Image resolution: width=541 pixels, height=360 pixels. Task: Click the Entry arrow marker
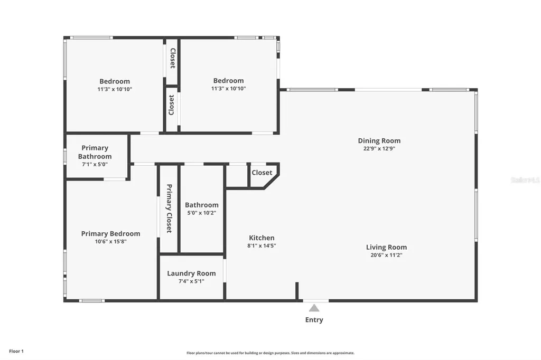click(314, 308)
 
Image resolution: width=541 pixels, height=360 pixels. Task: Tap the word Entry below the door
click(314, 320)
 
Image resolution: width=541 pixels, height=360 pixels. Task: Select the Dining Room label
click(379, 140)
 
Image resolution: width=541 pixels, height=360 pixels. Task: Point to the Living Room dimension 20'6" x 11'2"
click(386, 255)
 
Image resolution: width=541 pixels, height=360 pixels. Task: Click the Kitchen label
click(262, 238)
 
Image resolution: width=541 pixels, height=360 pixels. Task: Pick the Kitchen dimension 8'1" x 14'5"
click(262, 245)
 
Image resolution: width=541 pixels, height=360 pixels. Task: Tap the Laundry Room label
click(191, 273)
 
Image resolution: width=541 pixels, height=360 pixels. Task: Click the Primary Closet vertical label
click(169, 209)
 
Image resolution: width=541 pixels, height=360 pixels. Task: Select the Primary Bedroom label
click(110, 233)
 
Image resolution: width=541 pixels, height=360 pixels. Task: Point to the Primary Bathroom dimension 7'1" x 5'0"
click(95, 165)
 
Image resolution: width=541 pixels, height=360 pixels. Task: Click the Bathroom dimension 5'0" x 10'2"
click(201, 213)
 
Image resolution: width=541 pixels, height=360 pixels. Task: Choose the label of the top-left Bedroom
click(115, 81)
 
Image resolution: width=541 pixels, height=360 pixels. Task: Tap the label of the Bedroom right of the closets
click(228, 81)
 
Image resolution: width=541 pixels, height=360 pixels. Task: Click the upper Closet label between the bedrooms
click(172, 58)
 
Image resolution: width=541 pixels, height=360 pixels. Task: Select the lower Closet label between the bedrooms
click(172, 105)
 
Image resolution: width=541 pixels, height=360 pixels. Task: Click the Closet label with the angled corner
click(262, 173)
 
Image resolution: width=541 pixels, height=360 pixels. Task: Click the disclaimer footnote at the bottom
click(270, 353)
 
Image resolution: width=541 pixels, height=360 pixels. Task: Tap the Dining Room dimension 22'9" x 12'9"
click(379, 148)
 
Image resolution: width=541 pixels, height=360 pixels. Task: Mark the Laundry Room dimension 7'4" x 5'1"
click(191, 281)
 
